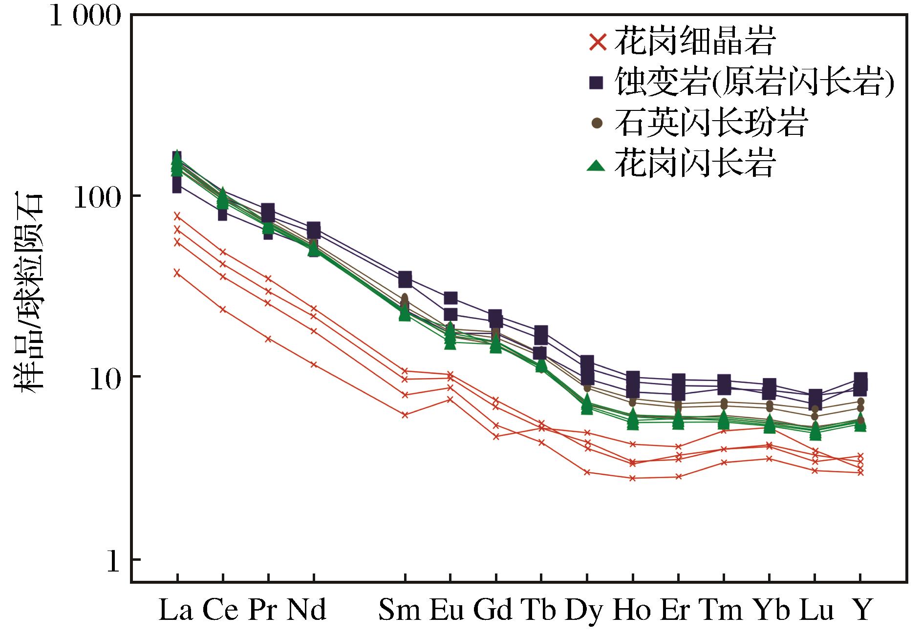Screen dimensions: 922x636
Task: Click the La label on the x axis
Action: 176,610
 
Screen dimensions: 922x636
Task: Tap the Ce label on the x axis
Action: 220,610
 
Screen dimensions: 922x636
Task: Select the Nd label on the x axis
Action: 306,610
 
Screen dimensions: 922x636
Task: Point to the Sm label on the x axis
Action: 399,610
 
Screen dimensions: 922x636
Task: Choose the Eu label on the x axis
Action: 447,610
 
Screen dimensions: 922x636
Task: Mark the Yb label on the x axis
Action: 771,610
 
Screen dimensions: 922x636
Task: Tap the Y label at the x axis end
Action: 862,610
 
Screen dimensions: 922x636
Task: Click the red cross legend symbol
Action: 598,42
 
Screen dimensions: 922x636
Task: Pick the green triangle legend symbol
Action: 596,165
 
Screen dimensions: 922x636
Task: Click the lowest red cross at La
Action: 177,273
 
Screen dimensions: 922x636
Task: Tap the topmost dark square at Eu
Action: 450,298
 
